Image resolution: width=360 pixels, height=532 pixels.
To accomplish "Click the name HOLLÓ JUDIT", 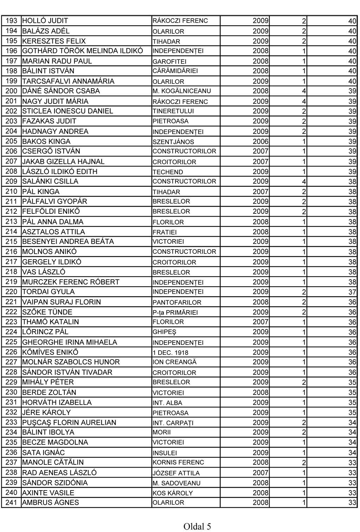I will click(45, 21).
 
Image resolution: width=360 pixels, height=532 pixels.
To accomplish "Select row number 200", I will click(11, 91).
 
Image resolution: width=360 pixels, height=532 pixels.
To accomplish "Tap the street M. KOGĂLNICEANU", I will click(181, 91).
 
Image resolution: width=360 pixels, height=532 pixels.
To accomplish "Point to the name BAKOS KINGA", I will click(46, 141).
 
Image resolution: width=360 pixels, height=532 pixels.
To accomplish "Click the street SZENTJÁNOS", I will click(173, 142).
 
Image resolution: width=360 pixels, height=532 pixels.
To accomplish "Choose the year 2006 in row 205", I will click(261, 141).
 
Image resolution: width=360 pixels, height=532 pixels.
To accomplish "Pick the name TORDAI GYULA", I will click(48, 292).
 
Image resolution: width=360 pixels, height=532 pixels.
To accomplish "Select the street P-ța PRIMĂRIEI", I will click(175, 313).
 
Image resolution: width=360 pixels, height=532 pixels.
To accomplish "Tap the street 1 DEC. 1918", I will click(170, 353).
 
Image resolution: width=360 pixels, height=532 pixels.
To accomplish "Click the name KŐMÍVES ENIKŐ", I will click(50, 352).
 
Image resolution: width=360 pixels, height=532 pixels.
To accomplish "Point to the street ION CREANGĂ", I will click(174, 362).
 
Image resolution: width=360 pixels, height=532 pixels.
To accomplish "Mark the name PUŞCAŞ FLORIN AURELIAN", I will click(69, 422).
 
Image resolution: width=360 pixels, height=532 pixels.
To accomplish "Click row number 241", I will click(11, 502).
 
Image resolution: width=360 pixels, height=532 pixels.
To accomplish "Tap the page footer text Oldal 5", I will click(197, 526).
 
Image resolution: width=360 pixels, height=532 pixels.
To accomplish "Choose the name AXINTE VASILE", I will click(48, 493).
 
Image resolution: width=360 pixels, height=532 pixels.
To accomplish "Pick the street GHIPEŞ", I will click(164, 332).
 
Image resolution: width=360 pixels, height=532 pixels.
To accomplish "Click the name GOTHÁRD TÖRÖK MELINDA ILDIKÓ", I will click(82, 51).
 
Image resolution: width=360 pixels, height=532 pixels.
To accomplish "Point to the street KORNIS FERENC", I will click(178, 463).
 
